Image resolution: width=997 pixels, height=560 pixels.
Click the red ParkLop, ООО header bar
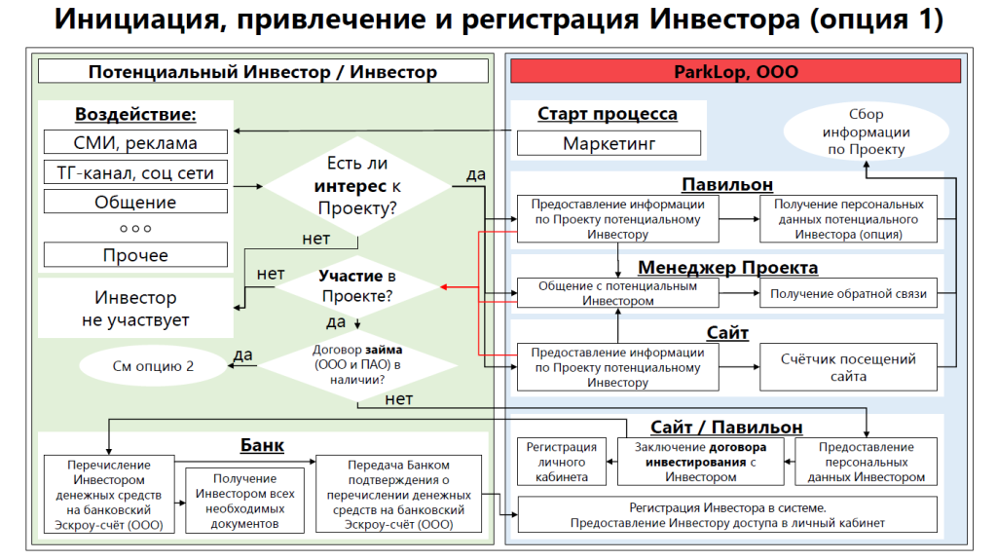(x=736, y=71)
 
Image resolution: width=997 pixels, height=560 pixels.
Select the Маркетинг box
(x=609, y=143)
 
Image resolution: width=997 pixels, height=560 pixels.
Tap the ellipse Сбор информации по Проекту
(x=866, y=132)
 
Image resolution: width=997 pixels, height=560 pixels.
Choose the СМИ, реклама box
(x=135, y=143)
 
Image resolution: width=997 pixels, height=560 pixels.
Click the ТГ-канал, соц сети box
(x=135, y=173)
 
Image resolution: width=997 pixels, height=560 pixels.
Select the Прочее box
(x=135, y=255)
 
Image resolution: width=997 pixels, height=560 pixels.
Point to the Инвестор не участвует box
(x=135, y=308)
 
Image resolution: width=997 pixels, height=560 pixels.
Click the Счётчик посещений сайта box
(x=848, y=367)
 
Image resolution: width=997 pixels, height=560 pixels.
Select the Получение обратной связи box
(x=848, y=293)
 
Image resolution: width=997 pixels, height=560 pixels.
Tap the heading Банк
(x=262, y=445)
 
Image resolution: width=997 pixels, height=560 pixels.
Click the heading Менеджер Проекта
(x=727, y=267)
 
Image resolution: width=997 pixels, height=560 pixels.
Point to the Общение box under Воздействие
(x=135, y=203)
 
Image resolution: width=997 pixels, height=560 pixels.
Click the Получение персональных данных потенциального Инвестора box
(x=848, y=219)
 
